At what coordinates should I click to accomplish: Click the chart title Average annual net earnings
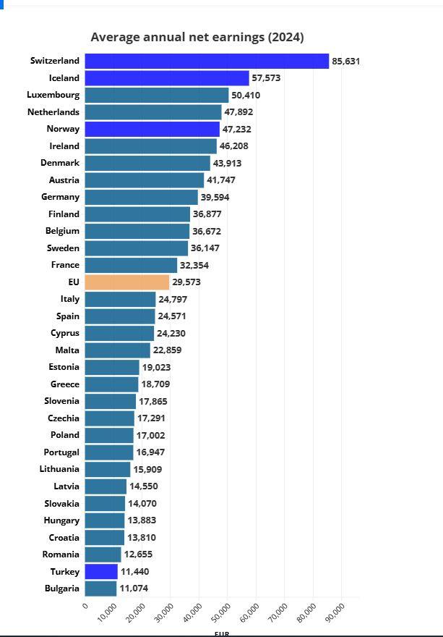click(197, 37)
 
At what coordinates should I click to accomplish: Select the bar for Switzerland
click(207, 61)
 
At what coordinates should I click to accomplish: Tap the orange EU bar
click(127, 282)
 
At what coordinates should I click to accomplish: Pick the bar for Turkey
click(101, 571)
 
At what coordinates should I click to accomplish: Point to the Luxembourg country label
click(53, 95)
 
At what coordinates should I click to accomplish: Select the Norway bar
click(152, 129)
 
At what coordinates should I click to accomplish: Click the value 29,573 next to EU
click(186, 282)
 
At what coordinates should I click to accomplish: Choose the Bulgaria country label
click(62, 589)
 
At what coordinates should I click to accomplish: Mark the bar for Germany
click(141, 197)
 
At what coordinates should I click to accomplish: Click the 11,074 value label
click(134, 589)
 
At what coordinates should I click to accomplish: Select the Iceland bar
click(167, 78)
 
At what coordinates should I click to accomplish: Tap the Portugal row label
click(61, 452)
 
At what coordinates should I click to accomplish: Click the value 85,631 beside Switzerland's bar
click(345, 61)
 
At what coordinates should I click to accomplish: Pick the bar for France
click(131, 265)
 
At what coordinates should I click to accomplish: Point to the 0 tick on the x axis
click(85, 606)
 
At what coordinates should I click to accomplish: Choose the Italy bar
click(120, 299)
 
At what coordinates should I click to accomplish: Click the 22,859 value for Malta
click(167, 350)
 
